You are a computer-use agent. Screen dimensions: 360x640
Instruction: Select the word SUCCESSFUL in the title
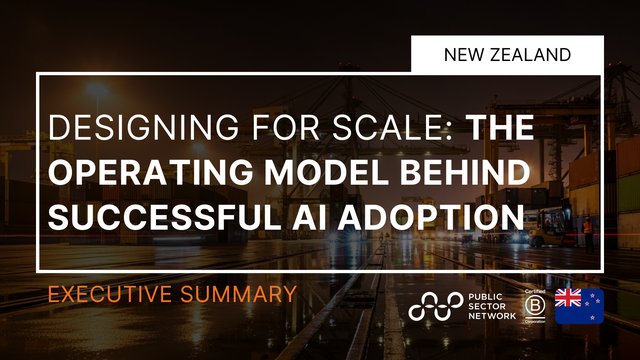tap(157, 215)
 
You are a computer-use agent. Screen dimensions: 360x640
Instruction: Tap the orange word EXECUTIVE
tap(109, 294)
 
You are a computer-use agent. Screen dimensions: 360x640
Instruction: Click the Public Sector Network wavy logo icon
tap(434, 307)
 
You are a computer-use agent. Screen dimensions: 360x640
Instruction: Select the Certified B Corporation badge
tap(534, 302)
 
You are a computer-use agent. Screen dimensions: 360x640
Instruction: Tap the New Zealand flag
tap(579, 305)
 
